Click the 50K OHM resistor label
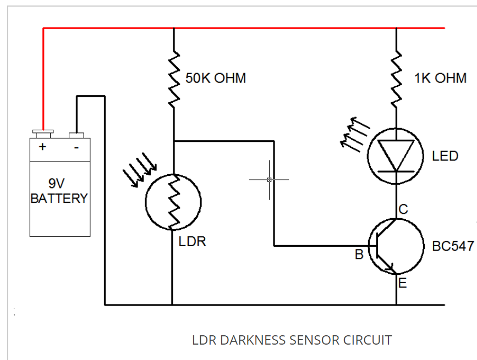point(215,79)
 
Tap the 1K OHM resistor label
point(440,79)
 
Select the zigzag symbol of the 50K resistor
point(174,79)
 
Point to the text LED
point(445,157)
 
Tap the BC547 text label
point(452,247)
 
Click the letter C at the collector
point(403,209)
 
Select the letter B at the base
point(359,254)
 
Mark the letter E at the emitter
point(402,284)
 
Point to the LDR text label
point(192,242)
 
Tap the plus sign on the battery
point(42,148)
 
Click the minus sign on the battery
point(76,148)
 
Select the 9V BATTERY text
point(59,191)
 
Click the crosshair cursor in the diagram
point(269,180)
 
